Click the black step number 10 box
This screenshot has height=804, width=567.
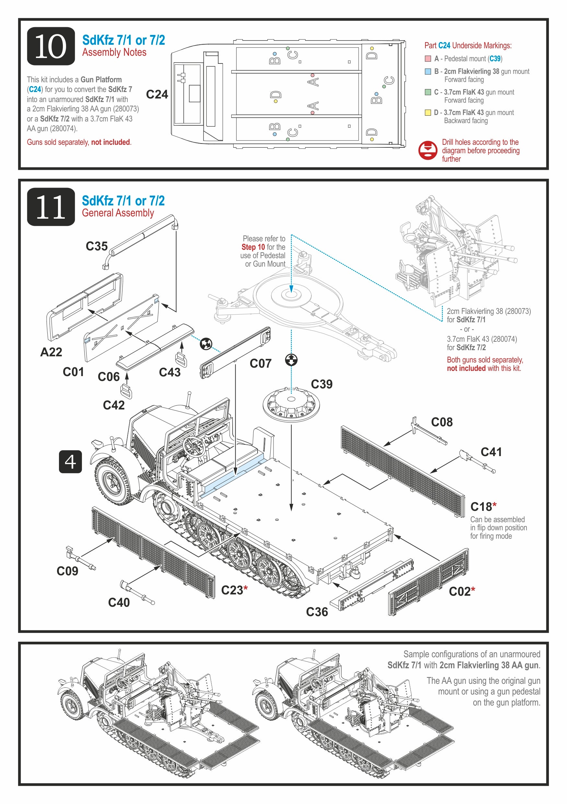51,46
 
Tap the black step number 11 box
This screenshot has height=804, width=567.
51,207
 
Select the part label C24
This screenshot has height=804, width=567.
157,94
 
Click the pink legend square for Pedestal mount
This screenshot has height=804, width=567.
428,59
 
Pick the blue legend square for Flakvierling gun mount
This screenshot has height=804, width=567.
428,72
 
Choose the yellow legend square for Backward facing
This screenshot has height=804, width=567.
428,112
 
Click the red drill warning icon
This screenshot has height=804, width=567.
428,150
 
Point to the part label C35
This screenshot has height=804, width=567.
97,246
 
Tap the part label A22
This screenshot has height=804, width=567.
51,352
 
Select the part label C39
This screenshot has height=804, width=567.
321,384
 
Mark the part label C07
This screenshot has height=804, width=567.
260,363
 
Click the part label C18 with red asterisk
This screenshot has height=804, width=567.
483,507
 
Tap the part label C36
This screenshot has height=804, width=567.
317,612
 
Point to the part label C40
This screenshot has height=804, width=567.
119,602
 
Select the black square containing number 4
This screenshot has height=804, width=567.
70,462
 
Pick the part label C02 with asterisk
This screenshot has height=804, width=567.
462,592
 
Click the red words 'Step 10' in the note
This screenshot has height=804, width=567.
253,247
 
